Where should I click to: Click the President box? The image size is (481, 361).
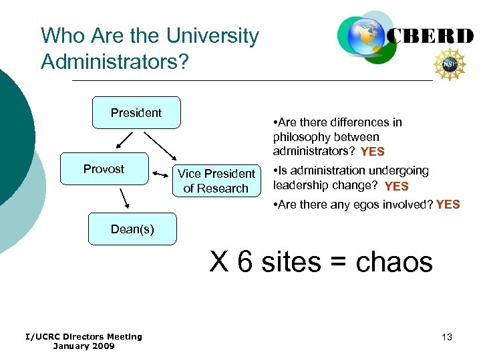pyautogui.click(x=136, y=113)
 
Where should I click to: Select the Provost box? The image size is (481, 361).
pyautogui.click(x=104, y=169)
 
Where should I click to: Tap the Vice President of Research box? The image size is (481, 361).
pyautogui.click(x=216, y=181)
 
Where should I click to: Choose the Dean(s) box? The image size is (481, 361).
pyautogui.click(x=132, y=229)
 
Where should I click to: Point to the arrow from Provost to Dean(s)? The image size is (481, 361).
pyautogui.click(x=124, y=199)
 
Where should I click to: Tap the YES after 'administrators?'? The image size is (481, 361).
pyautogui.click(x=372, y=152)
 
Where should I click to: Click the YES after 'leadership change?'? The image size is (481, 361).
pyautogui.click(x=397, y=187)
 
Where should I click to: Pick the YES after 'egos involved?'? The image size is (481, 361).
pyautogui.click(x=448, y=205)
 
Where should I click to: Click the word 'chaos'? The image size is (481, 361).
pyautogui.click(x=394, y=261)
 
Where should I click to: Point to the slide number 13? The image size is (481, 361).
pyautogui.click(x=447, y=337)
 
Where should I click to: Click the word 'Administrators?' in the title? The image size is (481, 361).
pyautogui.click(x=115, y=62)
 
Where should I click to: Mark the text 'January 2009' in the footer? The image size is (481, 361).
pyautogui.click(x=84, y=346)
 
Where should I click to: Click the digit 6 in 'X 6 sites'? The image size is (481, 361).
pyautogui.click(x=246, y=261)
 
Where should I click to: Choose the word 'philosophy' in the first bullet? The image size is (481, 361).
pyautogui.click(x=302, y=137)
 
